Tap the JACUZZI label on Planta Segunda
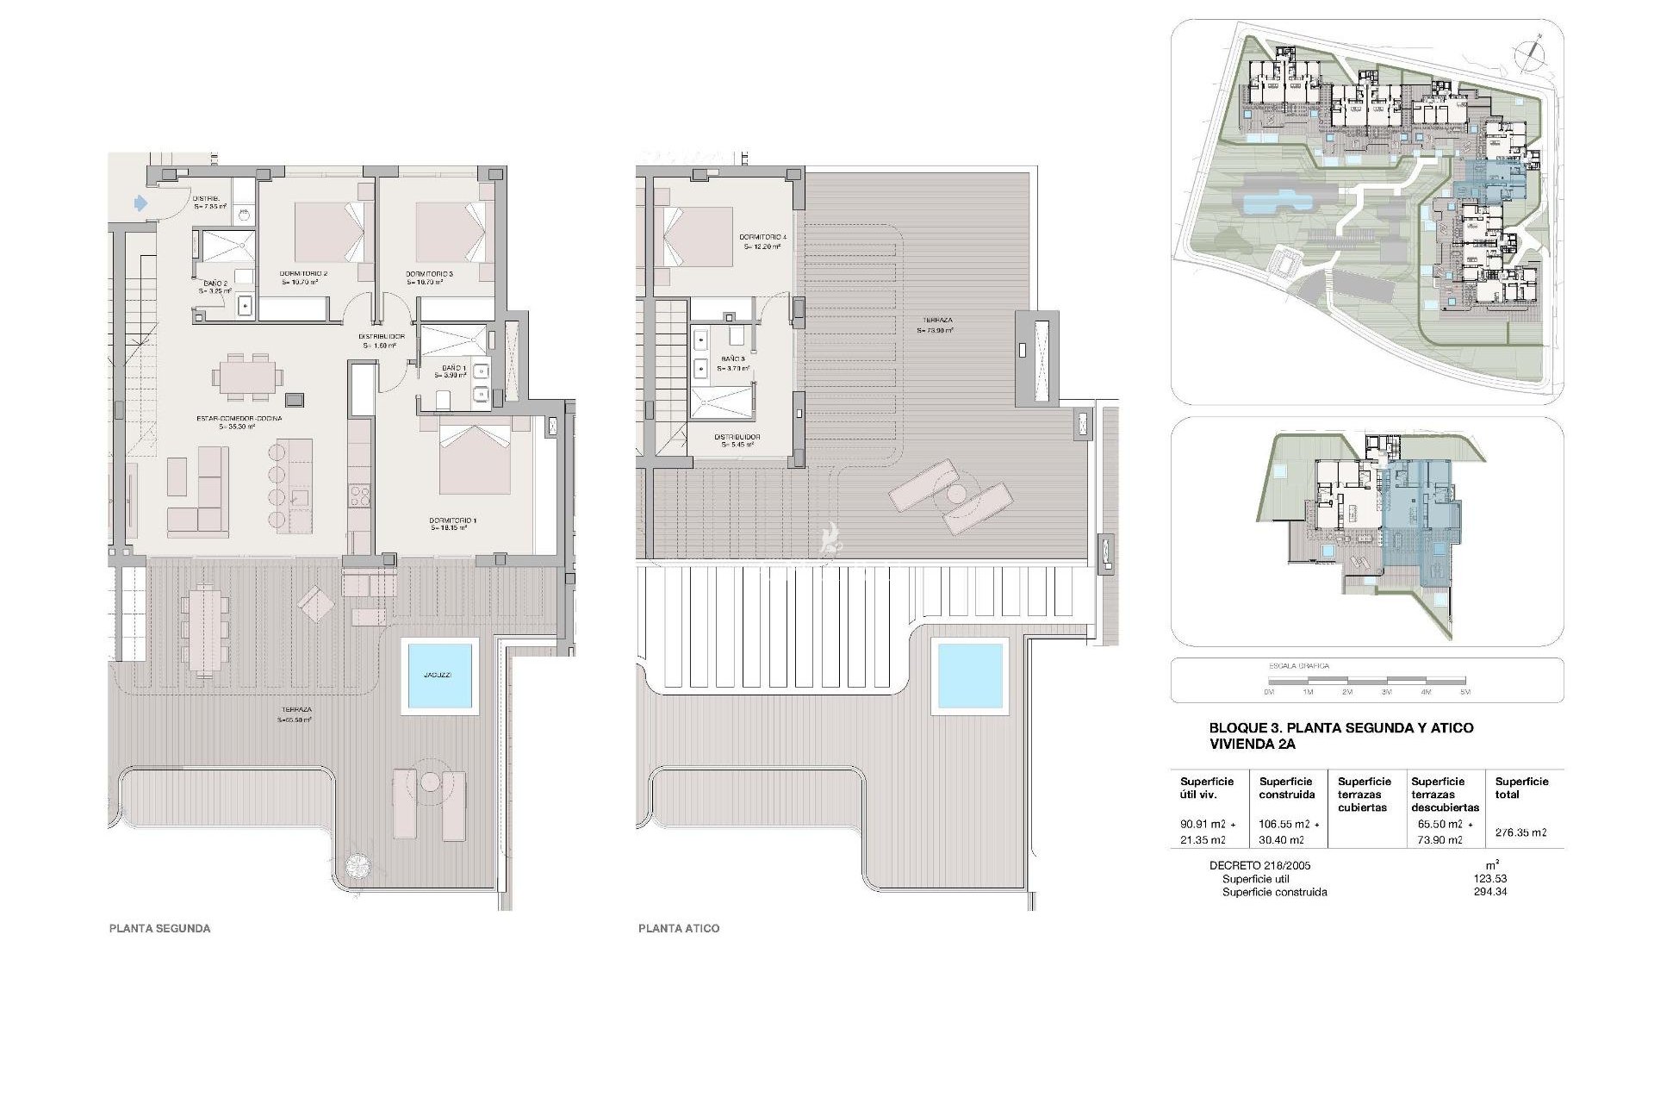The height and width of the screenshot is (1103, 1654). pyautogui.click(x=438, y=676)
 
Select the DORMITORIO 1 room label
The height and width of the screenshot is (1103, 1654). pyautogui.click(x=452, y=521)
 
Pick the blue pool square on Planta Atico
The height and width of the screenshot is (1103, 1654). pyautogui.click(x=971, y=676)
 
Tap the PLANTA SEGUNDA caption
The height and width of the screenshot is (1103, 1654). pyautogui.click(x=159, y=928)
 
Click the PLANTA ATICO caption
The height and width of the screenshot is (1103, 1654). pyautogui.click(x=679, y=928)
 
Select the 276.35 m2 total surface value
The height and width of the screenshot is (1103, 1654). pyautogui.click(x=1520, y=832)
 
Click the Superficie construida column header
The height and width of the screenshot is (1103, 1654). pyautogui.click(x=1286, y=788)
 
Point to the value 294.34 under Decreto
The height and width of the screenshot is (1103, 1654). pyautogui.click(x=1489, y=892)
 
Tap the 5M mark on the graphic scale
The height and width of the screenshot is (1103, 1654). pyautogui.click(x=1465, y=692)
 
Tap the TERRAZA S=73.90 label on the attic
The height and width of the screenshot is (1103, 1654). pyautogui.click(x=934, y=326)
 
